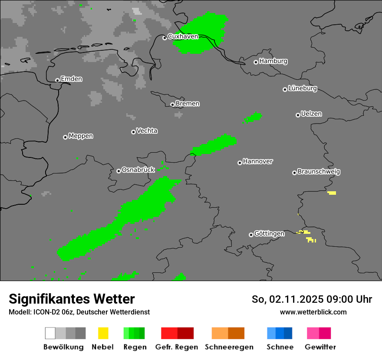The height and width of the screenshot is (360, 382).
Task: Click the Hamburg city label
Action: pos(273,61)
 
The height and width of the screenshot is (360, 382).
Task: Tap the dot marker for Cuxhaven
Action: pos(165,38)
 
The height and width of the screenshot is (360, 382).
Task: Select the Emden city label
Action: pos(71,79)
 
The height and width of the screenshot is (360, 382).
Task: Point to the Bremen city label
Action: pos(188,104)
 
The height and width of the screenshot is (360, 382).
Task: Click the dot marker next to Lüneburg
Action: pos(285,89)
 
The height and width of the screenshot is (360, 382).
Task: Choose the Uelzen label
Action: pos(311,114)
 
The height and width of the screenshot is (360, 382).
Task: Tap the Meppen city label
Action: pos(81,136)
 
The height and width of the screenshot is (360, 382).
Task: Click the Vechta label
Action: pos(147,131)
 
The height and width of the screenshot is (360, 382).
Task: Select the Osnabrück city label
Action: pos(138,170)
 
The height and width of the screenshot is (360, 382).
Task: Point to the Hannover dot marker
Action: pos(240,163)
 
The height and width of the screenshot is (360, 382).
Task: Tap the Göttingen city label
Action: pos(269,234)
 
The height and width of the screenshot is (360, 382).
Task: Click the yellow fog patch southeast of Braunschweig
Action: pos(332,193)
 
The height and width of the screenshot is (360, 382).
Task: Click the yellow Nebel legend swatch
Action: pos(103,333)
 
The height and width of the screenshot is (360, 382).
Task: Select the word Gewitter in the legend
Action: pos(320,347)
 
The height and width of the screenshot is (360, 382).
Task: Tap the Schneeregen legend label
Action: pos(229,347)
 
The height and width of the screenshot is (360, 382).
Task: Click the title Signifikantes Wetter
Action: pos(72,299)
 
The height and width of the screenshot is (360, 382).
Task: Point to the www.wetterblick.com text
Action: pos(313,312)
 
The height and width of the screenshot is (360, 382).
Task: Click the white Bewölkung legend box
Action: pos(50,333)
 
